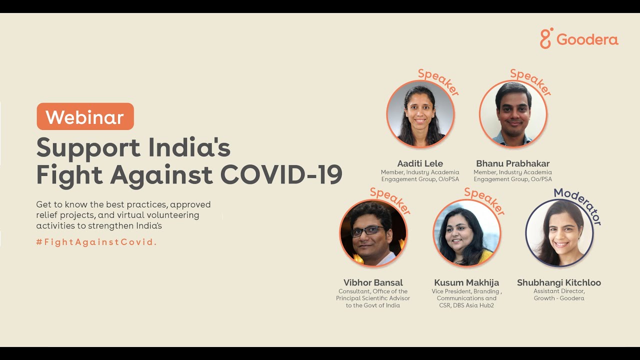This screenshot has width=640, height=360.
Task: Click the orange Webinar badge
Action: tap(85, 116)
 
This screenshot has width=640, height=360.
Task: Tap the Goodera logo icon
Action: tap(546, 38)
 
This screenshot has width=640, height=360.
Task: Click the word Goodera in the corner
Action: tap(587, 39)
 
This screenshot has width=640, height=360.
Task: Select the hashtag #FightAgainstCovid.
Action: tap(96, 242)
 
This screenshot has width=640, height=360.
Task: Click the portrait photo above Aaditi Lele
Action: tap(420, 114)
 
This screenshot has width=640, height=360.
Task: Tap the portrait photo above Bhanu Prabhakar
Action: tap(513, 114)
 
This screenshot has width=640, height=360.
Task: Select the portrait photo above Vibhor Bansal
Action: tap(373, 233)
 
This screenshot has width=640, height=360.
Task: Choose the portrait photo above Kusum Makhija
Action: tap(466, 233)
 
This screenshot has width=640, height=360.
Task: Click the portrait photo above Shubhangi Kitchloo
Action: tap(559, 233)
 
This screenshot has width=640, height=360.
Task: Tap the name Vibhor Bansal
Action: tap(373, 282)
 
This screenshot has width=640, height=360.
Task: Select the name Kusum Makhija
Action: tap(466, 282)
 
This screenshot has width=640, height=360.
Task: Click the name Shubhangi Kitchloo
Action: tap(559, 282)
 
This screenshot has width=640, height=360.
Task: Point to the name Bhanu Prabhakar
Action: tap(512, 163)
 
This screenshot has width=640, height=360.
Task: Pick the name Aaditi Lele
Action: tap(420, 163)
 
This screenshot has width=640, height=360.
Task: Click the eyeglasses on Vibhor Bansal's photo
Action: tap(367, 230)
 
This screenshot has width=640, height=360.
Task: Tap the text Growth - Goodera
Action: tap(558, 298)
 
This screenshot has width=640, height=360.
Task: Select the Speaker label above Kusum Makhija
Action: tap(484, 201)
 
